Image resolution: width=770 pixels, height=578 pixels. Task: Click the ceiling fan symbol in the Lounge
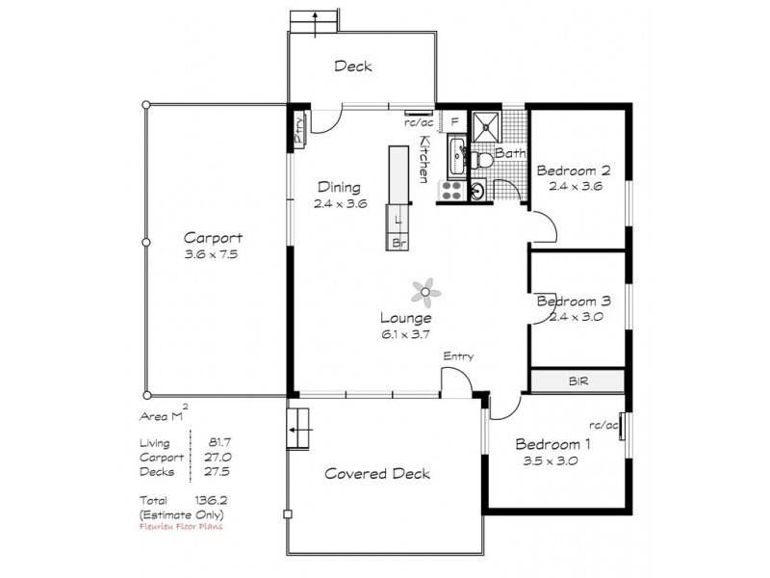[425, 289]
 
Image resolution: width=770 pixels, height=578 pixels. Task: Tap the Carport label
[213, 238]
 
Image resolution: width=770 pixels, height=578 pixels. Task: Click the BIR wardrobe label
[577, 381]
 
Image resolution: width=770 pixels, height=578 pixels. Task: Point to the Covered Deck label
[376, 473]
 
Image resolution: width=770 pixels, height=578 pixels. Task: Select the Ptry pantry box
[300, 129]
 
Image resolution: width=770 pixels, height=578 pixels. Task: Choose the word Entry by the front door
[457, 356]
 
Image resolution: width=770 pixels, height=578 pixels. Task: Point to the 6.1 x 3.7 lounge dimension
[403, 333]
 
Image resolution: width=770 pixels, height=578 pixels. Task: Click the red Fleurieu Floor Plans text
[181, 528]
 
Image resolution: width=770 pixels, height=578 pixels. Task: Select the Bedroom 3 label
[576, 301]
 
